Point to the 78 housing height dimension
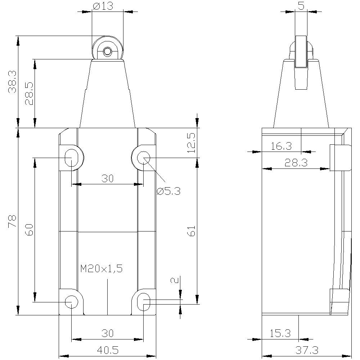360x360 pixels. pos(13,220)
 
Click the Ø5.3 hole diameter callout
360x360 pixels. pos(168,191)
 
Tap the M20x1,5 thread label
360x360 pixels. pos(102,269)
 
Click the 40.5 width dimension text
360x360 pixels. pos(107,350)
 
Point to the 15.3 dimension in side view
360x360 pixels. pos(280,333)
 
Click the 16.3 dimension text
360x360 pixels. pos(281,146)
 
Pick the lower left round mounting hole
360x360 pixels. pos(71,302)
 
